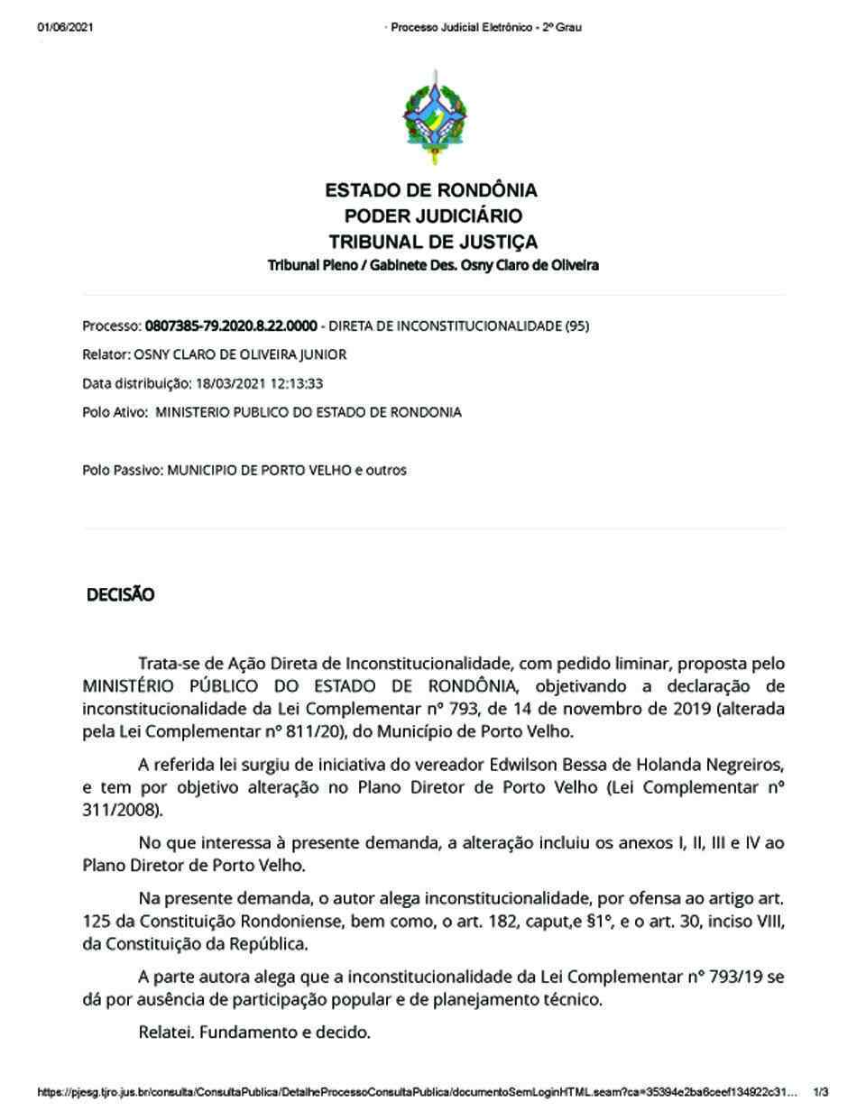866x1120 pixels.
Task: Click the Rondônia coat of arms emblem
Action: click(435, 118)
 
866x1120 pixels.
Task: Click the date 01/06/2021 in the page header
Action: click(66, 27)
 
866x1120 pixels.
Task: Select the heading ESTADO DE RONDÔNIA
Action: click(431, 190)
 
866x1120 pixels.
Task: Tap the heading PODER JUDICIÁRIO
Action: click(433, 216)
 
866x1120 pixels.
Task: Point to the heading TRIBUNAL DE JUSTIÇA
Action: click(433, 242)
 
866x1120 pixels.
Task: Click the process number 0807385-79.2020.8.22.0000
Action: click(231, 326)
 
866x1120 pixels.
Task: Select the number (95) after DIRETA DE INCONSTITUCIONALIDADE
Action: click(576, 326)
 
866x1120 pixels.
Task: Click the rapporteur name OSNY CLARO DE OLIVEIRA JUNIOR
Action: click(239, 355)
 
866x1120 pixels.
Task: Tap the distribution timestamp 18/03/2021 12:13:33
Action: click(259, 384)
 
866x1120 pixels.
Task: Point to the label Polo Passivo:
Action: click(123, 471)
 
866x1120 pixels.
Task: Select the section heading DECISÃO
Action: click(120, 595)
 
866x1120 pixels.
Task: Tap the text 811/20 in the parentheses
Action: click(271, 731)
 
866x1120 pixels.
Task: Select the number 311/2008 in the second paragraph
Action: click(121, 810)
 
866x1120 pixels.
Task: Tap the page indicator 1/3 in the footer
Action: click(821, 1093)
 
